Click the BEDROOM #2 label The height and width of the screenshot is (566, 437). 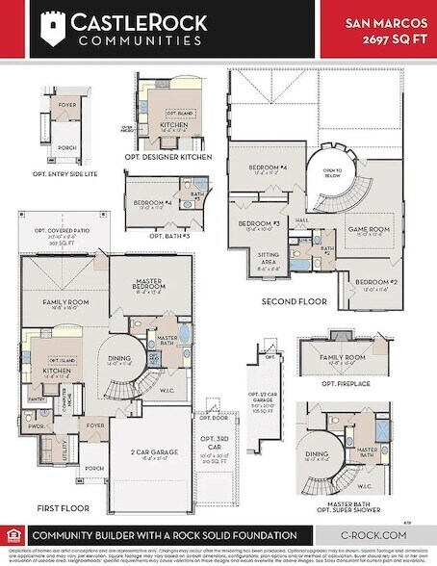376,281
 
